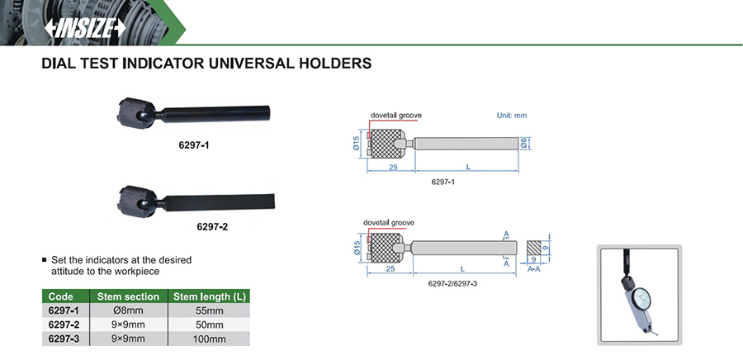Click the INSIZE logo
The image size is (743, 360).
tap(85, 29)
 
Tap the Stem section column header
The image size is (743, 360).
tap(128, 296)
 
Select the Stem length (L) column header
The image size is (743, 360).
tap(209, 296)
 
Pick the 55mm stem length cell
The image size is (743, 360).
tap(209, 310)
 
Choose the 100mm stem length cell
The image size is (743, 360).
tap(209, 339)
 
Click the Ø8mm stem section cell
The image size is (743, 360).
tap(128, 310)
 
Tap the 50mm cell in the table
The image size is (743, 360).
tap(209, 325)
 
